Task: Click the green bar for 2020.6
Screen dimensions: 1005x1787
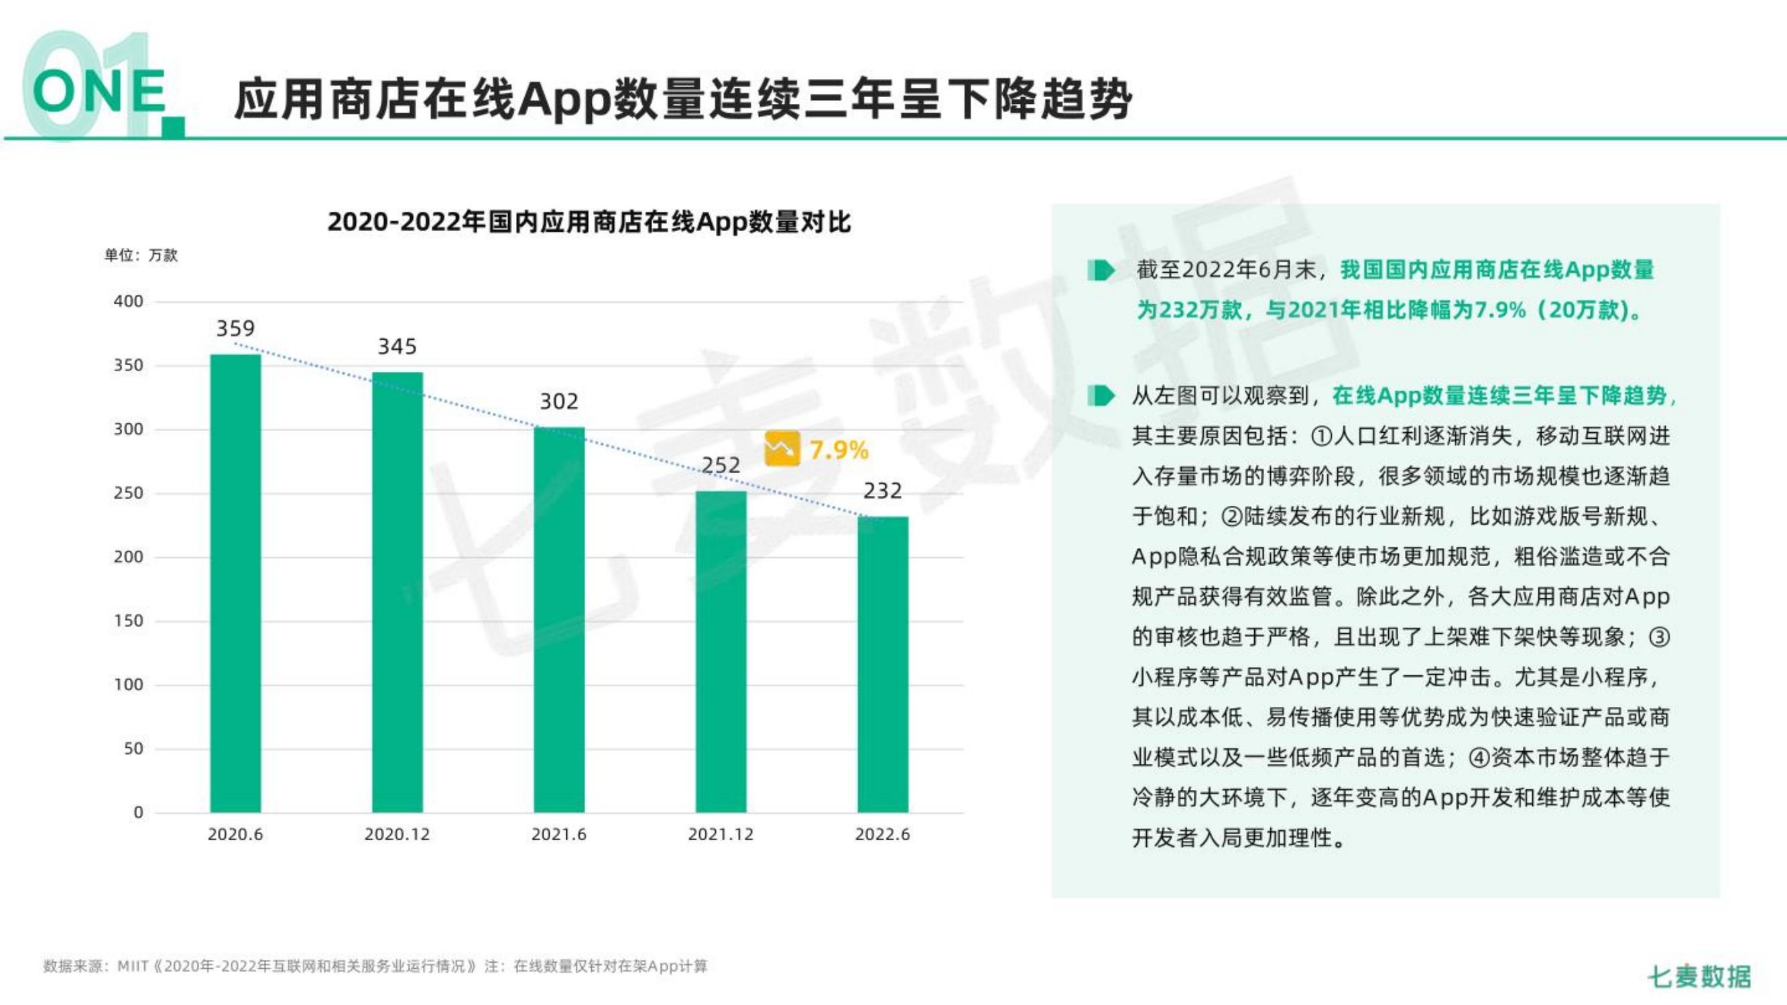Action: click(x=235, y=583)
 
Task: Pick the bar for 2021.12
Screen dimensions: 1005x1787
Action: click(x=721, y=651)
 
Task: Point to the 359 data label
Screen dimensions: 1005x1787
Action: click(x=235, y=328)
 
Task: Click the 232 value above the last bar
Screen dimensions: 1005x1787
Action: click(x=882, y=491)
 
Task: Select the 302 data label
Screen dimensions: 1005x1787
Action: click(x=558, y=401)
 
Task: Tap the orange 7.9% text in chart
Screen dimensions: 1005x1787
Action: click(x=839, y=451)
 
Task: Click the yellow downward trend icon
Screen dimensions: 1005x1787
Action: click(x=781, y=449)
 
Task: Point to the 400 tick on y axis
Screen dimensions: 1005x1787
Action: click(x=128, y=301)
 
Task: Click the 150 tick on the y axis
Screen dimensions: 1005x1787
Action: click(x=128, y=621)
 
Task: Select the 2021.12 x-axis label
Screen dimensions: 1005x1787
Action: click(x=721, y=834)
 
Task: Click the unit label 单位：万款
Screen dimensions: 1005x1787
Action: click(x=141, y=255)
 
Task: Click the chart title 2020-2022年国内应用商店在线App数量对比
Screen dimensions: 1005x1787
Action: click(x=589, y=222)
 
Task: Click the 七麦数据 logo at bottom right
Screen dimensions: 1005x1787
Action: click(x=1699, y=977)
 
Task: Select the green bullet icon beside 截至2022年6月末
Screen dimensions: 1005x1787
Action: click(x=1101, y=271)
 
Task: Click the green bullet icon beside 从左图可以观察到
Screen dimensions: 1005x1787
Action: click(x=1101, y=396)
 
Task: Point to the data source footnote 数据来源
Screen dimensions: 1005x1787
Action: click(x=375, y=966)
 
